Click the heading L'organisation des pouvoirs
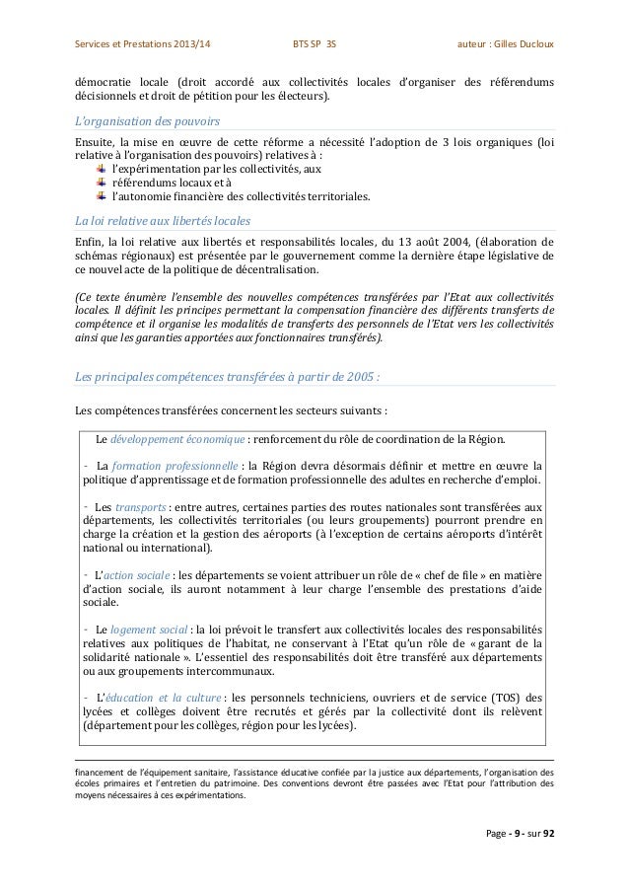click(x=148, y=120)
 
